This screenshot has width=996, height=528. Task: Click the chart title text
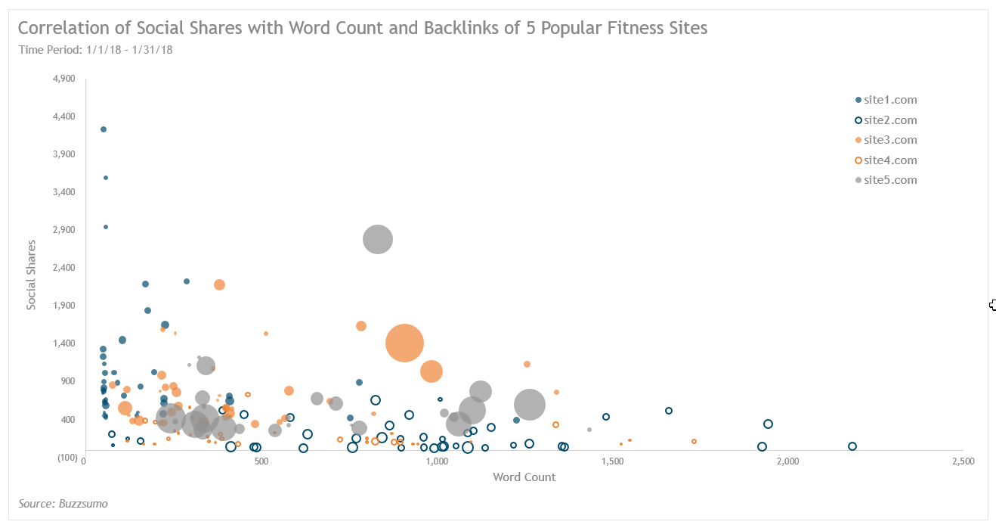363,29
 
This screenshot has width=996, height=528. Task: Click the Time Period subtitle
96,50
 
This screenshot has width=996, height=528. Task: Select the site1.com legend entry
889,100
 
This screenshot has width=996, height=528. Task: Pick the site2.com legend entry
889,120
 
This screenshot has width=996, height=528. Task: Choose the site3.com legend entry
889,140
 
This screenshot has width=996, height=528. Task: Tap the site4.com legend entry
889,160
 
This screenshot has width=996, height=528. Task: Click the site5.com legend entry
889,180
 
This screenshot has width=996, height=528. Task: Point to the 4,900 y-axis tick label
64,79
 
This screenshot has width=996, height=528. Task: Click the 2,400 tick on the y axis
64,268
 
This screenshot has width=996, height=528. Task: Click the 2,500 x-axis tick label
963,461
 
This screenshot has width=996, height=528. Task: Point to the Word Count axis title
524,477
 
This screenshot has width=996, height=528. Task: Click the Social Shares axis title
32,275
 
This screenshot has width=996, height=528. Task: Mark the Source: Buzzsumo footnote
63,504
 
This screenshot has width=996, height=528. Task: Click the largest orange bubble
404,343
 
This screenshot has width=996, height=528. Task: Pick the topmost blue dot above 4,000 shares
104,129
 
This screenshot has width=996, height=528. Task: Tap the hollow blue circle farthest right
852,446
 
